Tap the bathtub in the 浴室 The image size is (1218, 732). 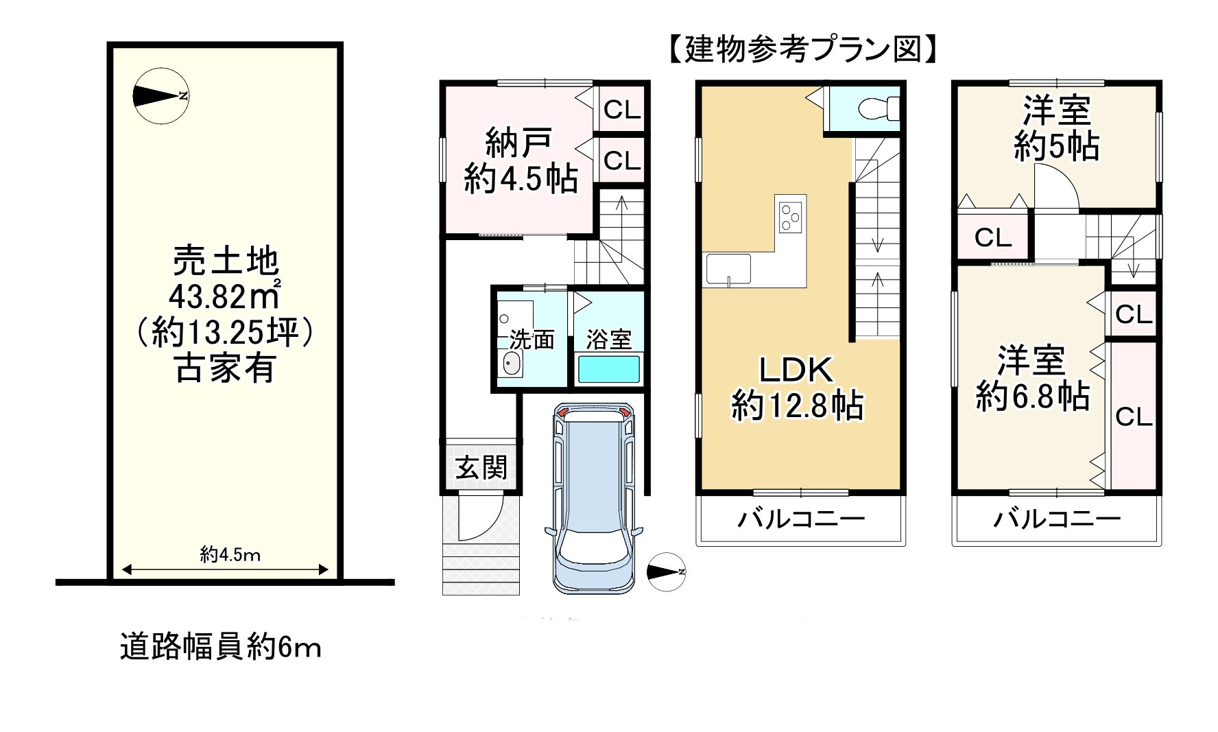tap(609, 369)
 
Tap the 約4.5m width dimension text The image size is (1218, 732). tap(230, 554)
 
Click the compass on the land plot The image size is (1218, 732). tap(160, 96)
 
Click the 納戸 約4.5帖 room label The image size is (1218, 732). tap(520, 162)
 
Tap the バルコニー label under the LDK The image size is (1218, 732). tap(801, 519)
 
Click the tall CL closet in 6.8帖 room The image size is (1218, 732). tap(1133, 416)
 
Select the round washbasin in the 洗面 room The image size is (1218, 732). tap(512, 363)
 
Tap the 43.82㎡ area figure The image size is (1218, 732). tap(225, 296)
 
